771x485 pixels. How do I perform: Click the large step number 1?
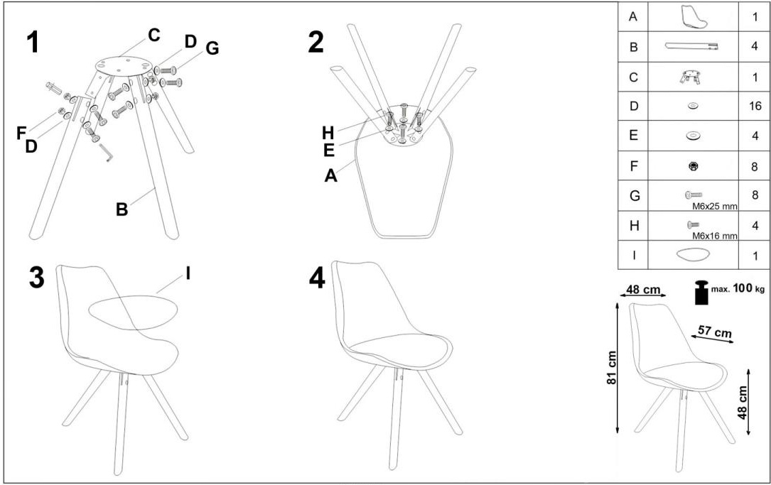[33, 43]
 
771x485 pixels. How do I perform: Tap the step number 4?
[317, 280]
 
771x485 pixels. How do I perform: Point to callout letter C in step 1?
[154, 36]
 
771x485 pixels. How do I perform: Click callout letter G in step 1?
[212, 48]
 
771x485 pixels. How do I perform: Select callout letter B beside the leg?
[122, 209]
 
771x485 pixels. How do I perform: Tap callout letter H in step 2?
[328, 133]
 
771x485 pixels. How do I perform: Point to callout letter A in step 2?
[331, 175]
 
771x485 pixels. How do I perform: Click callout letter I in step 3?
[188, 273]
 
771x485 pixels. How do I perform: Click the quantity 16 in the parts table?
[755, 106]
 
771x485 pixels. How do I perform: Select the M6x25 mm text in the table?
[714, 207]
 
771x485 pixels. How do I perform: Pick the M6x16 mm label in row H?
[714, 236]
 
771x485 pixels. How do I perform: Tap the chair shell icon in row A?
[694, 17]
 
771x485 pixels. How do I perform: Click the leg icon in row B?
[691, 46]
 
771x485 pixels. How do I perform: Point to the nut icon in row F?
[694, 167]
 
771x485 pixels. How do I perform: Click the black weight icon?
[701, 293]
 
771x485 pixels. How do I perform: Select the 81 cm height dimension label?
[612, 368]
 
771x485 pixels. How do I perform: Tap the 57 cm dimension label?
[715, 332]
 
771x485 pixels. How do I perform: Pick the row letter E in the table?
[633, 136]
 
